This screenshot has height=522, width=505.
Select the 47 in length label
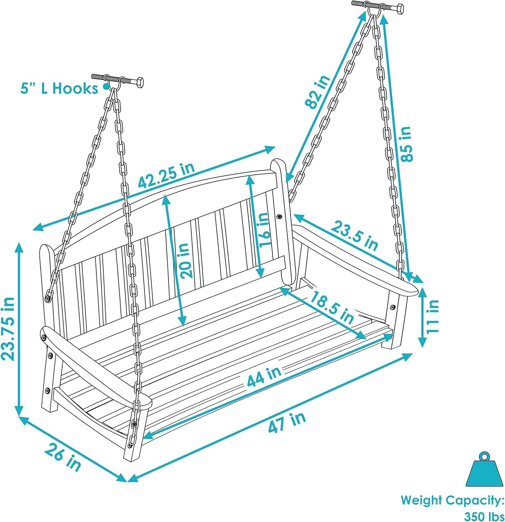[287, 422]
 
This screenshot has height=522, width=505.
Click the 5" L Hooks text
[59, 89]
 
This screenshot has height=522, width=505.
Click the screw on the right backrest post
[279, 216]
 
